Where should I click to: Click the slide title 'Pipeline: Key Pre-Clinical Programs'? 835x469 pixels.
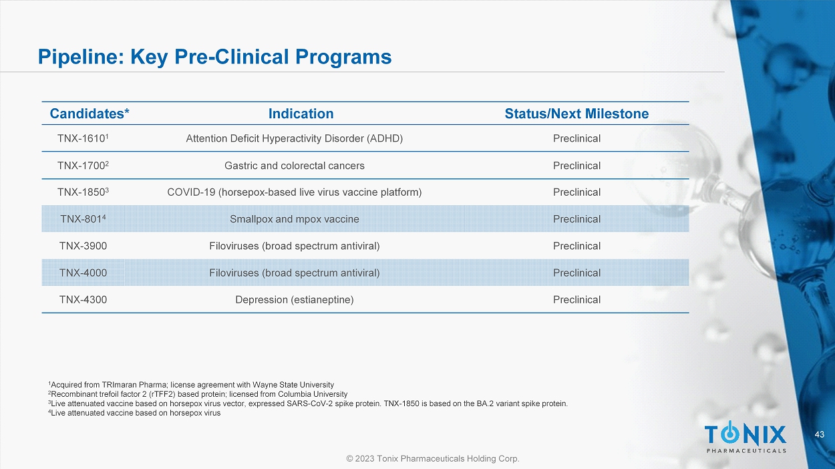(x=214, y=57)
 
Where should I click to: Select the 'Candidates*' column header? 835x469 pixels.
(x=90, y=114)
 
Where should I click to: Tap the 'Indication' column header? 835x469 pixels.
(x=301, y=114)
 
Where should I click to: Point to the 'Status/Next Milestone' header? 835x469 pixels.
(x=576, y=114)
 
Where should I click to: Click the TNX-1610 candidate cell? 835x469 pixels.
(x=83, y=138)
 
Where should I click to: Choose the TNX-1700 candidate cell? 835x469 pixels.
(x=83, y=165)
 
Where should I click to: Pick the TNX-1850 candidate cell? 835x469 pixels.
(x=83, y=192)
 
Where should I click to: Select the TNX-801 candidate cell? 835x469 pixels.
(x=83, y=219)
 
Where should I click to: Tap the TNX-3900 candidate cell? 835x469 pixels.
(x=83, y=246)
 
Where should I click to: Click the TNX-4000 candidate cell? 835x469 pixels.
(x=83, y=273)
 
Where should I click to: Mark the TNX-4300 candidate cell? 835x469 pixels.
(x=83, y=300)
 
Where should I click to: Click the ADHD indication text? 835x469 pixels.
(x=294, y=139)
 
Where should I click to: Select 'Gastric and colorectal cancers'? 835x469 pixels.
(x=294, y=166)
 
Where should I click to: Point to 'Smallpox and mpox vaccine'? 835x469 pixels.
(x=294, y=219)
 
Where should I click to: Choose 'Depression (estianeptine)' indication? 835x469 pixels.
(x=294, y=300)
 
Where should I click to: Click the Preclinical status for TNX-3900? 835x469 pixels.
(x=576, y=246)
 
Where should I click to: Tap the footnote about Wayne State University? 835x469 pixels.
(x=191, y=385)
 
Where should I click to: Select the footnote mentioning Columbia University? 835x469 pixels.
(x=198, y=394)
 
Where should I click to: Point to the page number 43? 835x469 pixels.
(x=820, y=434)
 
